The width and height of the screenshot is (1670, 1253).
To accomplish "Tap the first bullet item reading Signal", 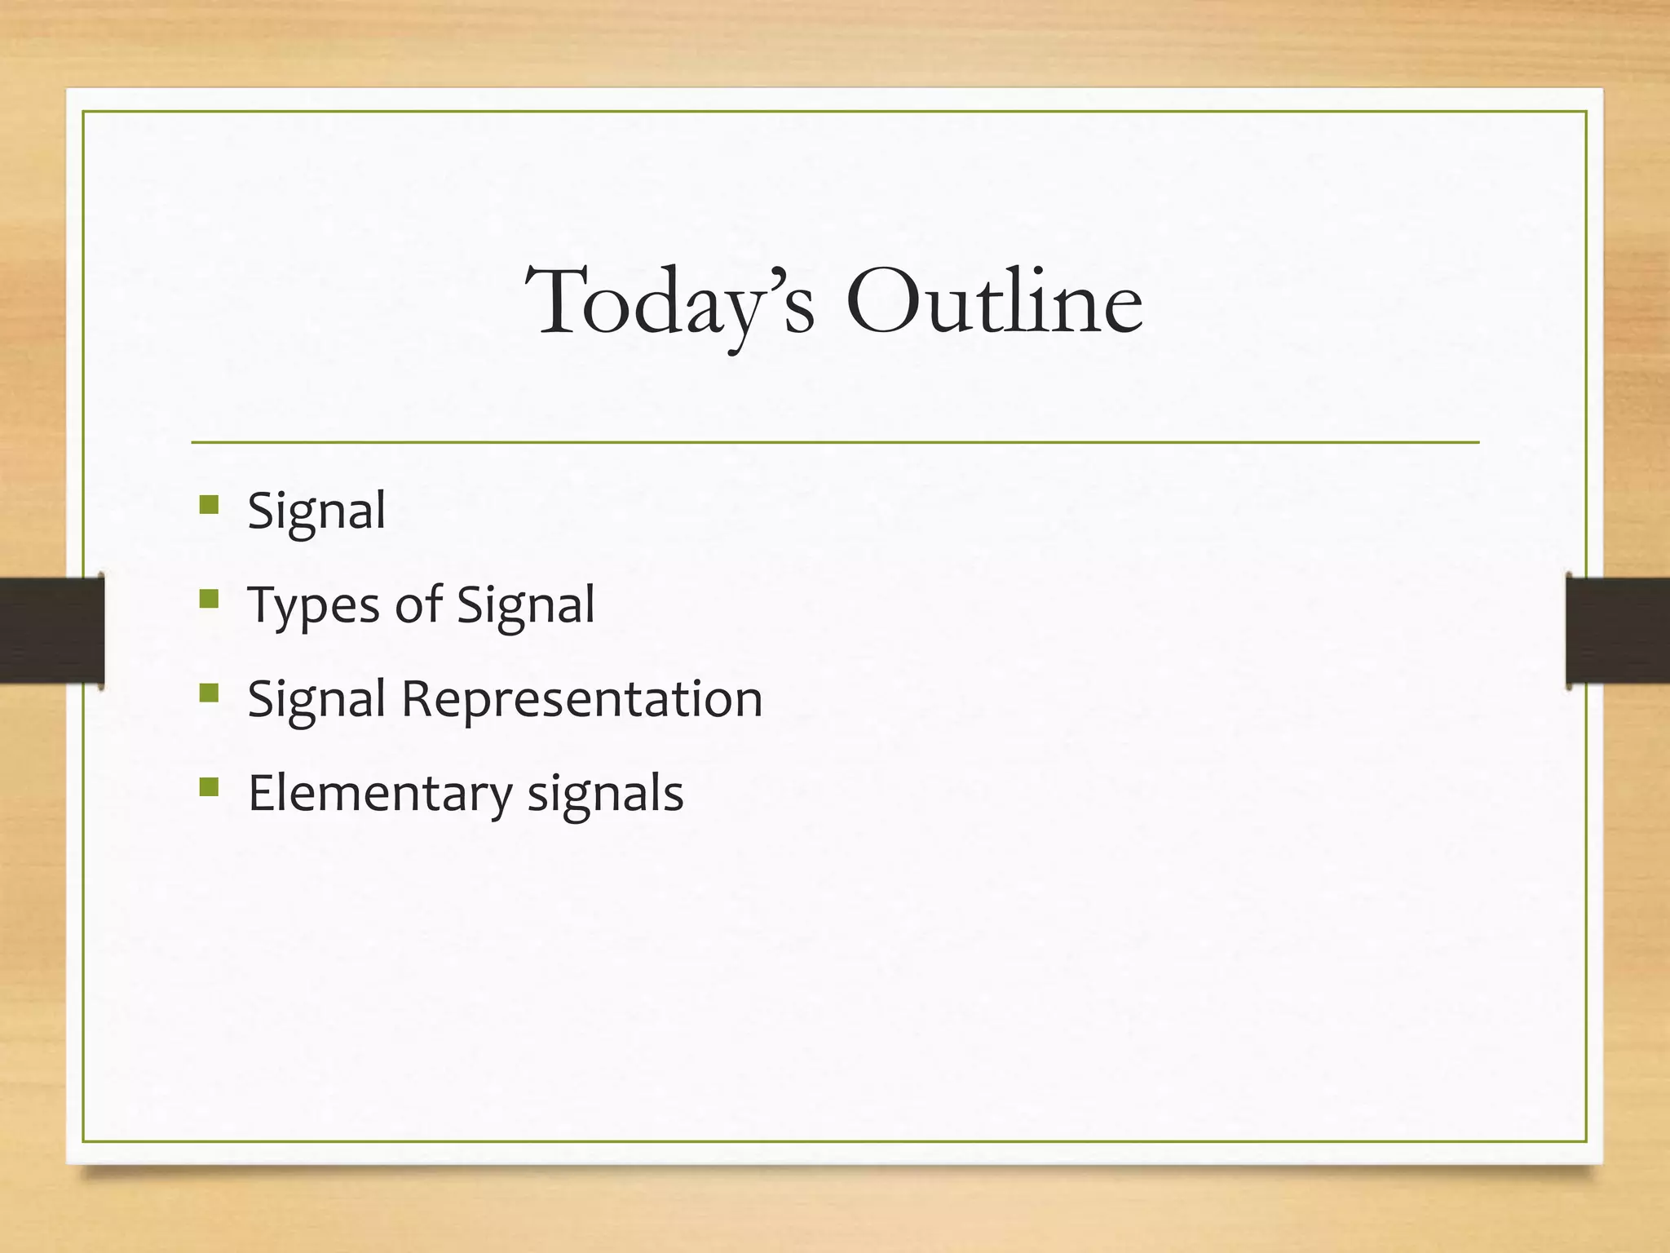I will [x=316, y=511].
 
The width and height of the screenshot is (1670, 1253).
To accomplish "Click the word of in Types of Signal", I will [x=418, y=604].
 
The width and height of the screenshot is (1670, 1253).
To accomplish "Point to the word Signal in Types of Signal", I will [x=525, y=604].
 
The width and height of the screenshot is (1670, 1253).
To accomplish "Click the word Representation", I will [x=581, y=699].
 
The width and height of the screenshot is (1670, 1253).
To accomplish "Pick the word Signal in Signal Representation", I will [x=316, y=699].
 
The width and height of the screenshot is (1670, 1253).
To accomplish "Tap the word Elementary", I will [x=379, y=793].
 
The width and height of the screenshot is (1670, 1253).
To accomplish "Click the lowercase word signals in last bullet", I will [x=605, y=793].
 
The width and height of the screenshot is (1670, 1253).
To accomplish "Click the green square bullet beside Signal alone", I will [x=209, y=505].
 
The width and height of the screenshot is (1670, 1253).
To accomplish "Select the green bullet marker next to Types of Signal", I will [x=209, y=600].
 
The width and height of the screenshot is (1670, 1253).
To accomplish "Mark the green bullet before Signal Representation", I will [x=209, y=693].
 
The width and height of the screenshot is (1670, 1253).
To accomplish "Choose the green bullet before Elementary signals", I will [x=209, y=787].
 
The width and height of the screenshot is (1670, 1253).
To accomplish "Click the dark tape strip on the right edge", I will [x=1618, y=629].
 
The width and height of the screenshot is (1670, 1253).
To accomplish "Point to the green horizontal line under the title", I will [x=835, y=442].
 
